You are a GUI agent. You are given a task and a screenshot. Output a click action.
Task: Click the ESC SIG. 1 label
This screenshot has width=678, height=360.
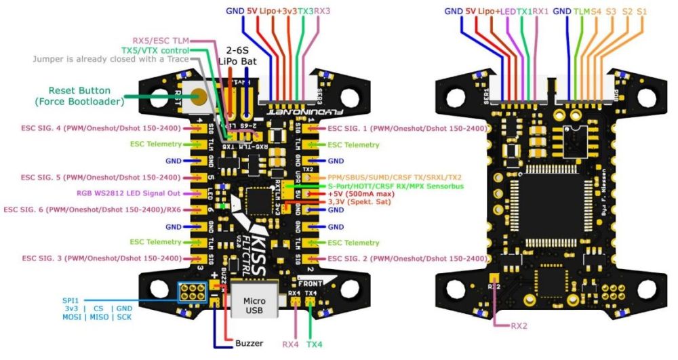(x=407, y=128)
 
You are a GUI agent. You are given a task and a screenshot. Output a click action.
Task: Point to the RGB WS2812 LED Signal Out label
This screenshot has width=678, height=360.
(x=129, y=193)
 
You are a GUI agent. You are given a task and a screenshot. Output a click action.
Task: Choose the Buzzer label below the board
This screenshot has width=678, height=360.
(x=250, y=344)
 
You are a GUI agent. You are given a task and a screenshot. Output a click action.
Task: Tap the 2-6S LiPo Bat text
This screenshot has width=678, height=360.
(x=240, y=56)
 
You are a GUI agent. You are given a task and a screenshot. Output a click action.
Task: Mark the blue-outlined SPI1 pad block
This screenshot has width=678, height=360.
(x=193, y=293)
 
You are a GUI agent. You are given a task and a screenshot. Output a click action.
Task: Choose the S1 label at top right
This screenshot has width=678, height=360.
(x=641, y=12)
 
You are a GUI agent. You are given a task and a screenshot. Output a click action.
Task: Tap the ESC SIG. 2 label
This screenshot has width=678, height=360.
(x=407, y=258)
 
